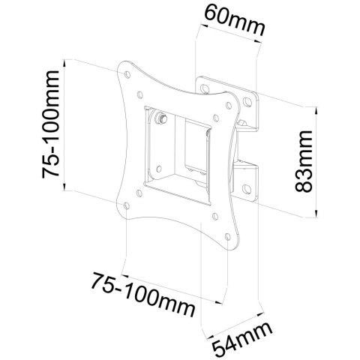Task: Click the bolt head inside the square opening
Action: click(162, 118)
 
